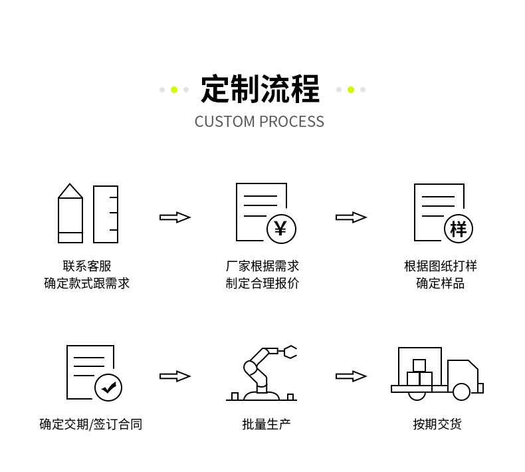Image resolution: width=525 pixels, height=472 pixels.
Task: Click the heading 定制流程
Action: coord(260,90)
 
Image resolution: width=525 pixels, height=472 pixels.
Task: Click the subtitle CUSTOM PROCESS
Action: coord(259,122)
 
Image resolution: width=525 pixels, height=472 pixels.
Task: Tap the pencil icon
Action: coord(70,213)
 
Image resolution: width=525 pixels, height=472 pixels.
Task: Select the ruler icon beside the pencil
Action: coord(106,214)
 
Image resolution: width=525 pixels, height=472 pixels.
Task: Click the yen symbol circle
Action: coord(281,229)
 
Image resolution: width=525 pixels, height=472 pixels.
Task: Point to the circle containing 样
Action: coord(458,229)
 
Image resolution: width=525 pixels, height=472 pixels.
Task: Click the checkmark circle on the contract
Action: coord(108,387)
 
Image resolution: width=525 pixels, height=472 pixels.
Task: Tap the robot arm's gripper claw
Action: coord(290,352)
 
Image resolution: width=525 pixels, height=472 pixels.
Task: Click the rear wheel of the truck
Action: coord(417,394)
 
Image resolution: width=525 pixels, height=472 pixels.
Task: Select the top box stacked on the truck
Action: coord(419,366)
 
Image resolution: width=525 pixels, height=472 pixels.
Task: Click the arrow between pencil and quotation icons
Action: coord(175,217)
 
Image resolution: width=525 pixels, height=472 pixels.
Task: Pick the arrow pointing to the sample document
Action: coord(351,217)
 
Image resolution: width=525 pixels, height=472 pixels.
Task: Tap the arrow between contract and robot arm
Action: coord(175,376)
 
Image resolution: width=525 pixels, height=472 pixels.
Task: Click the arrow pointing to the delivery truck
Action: coord(351,376)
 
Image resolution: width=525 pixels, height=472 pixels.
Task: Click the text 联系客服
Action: coord(87,266)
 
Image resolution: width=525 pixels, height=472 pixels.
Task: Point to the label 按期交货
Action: coord(437,423)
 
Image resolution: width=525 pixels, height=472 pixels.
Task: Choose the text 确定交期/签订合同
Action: coord(90,423)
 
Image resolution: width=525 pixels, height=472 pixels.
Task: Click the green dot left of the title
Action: coord(174,90)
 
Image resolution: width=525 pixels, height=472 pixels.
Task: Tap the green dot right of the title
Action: coord(351,90)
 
